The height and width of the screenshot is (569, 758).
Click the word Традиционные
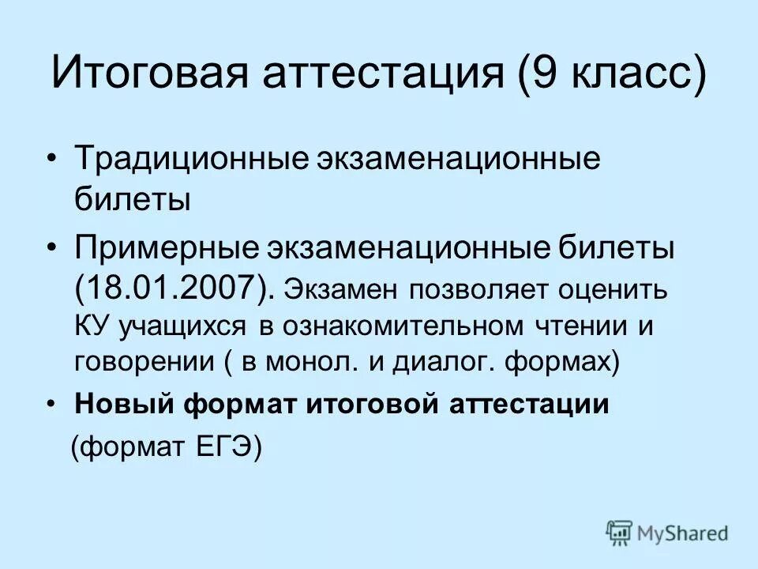point(182,160)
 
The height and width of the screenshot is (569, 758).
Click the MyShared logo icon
point(620,533)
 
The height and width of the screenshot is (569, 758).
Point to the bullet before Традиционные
point(52,160)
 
